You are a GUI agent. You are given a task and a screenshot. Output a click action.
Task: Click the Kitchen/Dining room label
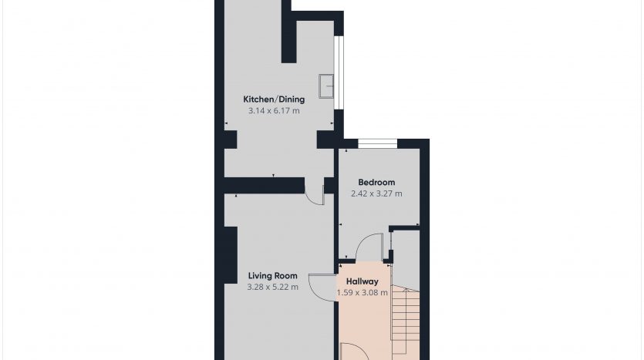pos(274,99)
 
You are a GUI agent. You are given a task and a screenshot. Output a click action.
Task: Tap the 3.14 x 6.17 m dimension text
pos(274,111)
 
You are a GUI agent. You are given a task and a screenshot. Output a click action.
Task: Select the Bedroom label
pos(376,182)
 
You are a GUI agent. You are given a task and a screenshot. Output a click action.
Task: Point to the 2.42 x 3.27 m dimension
pos(376,193)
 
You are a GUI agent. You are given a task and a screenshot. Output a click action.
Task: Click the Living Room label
pos(273,276)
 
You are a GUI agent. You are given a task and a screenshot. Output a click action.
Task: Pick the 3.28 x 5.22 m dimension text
pos(273,288)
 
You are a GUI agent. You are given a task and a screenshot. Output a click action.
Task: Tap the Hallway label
pos(362,281)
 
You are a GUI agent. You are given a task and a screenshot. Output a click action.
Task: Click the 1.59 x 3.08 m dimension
pos(362,293)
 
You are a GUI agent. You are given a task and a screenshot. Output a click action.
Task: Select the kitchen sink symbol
pos(326,86)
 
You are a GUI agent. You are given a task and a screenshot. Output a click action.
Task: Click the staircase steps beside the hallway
pos(406,320)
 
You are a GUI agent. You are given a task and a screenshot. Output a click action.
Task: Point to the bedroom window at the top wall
pos(378,143)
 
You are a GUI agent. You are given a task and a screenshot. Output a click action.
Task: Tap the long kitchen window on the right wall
pos(338,73)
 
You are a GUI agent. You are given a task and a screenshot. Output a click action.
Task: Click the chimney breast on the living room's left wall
pos(231,255)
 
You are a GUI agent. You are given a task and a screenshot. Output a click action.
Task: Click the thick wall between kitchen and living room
pos(265,186)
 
